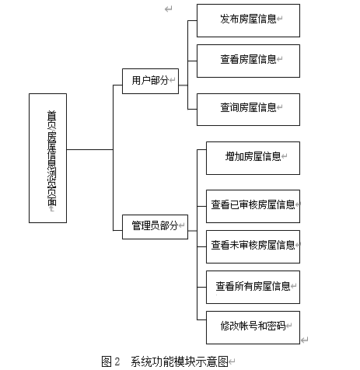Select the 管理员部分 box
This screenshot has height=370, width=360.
click(154, 225)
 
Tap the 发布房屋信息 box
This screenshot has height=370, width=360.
click(247, 19)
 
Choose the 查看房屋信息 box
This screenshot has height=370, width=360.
click(247, 59)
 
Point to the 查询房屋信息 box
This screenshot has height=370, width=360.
click(247, 108)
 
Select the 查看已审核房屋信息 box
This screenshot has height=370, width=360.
click(252, 206)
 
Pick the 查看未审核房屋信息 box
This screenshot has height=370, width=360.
click(252, 246)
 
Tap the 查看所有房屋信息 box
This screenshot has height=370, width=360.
click(252, 286)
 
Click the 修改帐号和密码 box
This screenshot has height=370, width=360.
click(252, 326)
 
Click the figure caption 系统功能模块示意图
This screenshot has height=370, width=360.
click(178, 361)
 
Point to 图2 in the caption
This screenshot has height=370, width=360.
click(110, 361)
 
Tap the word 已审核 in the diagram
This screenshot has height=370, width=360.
click(243, 206)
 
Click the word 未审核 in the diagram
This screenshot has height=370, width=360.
click(243, 246)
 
